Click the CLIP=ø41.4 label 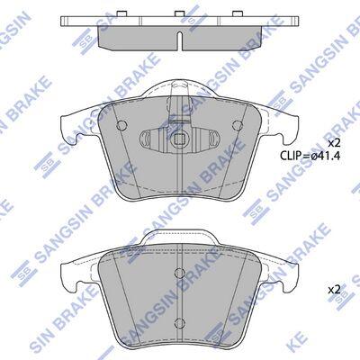coord(310,156)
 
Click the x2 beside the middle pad coord(334,143)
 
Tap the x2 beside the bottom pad coord(334,290)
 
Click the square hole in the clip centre coord(179,139)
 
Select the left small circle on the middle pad coord(121,125)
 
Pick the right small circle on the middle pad coord(238,125)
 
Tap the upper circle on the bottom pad coord(179,273)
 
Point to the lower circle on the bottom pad coord(179,322)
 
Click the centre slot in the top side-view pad coord(180,40)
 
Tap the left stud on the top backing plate coord(121,13)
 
